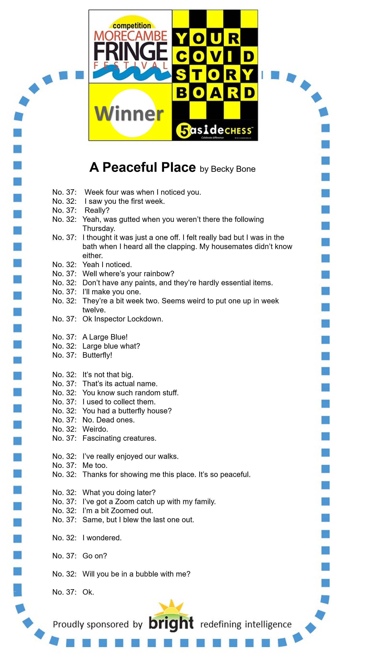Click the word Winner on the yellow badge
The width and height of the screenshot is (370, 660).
[129, 114]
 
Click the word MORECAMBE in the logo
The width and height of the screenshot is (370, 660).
[131, 36]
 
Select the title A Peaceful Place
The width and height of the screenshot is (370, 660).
[142, 168]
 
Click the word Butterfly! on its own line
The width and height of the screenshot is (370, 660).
[97, 355]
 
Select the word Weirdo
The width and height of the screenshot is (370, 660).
[95, 429]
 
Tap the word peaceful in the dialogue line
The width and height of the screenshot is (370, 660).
[235, 475]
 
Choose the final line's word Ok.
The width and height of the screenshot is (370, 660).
[88, 592]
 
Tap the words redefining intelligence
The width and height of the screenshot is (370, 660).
[246, 624]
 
